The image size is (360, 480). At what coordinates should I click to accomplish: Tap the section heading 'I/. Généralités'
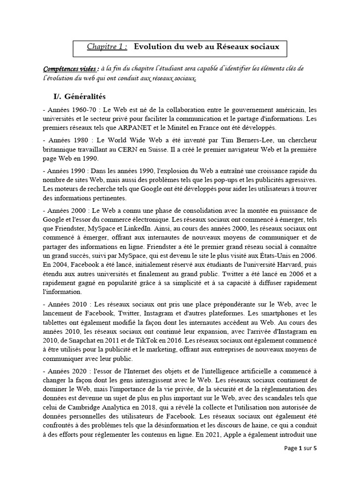80,97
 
